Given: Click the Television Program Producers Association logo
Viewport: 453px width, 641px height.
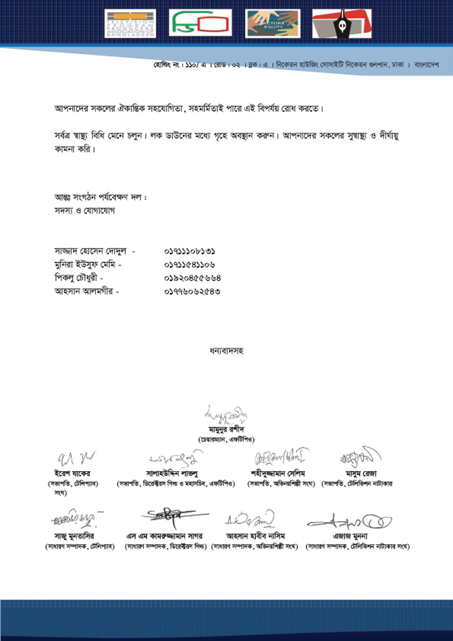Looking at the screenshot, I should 130,24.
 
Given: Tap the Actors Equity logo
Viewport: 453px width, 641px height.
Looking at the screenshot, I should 272,24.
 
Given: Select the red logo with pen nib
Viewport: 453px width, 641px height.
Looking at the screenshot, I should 342,24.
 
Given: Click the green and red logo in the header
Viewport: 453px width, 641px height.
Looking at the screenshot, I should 200,23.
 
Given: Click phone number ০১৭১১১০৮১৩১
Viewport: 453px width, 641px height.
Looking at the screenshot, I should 189,251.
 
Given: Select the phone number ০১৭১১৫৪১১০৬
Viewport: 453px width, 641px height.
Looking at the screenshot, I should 189,265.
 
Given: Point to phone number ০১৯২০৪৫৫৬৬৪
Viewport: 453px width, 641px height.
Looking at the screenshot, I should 193,278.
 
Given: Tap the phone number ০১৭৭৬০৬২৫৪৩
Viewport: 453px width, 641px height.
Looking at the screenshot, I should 192,291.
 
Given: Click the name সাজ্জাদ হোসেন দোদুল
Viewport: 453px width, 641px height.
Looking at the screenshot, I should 90,251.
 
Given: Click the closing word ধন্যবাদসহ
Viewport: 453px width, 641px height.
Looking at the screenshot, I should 226,351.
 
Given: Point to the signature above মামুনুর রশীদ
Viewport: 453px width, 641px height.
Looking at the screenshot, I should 226,415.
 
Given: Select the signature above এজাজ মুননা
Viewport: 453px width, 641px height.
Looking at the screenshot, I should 350,522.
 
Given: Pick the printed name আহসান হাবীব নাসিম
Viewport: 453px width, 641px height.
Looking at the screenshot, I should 255,536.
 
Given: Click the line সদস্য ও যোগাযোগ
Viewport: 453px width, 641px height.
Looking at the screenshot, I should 85,211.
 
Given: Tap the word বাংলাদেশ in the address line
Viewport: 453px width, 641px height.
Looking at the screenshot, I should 426,65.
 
